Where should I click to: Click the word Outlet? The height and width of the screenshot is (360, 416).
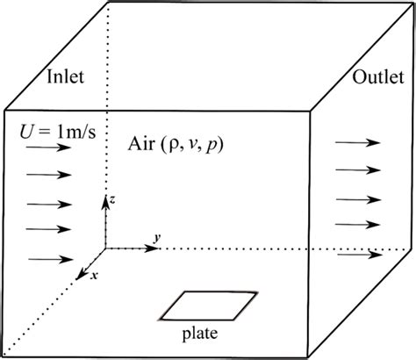378,78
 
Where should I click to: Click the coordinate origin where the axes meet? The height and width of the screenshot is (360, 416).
106,248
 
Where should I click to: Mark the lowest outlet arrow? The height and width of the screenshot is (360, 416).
361,256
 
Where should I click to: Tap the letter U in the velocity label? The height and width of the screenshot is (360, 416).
26,132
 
